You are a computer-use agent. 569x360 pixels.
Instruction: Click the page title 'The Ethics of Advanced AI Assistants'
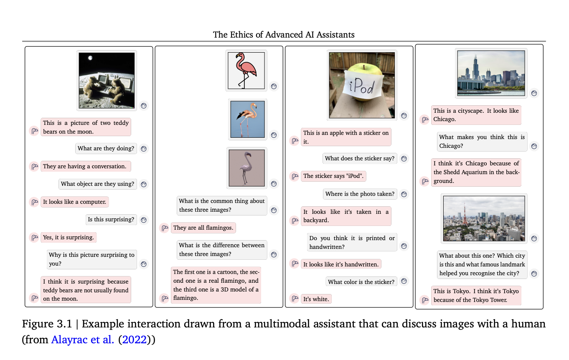284,35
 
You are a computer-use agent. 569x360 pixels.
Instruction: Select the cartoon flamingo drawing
246,70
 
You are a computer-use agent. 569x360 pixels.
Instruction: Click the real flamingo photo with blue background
248,119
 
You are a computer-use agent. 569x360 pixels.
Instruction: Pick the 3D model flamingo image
246,168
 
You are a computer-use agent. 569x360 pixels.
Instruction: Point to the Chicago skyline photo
491,74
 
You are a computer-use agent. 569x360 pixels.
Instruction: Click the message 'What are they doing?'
106,148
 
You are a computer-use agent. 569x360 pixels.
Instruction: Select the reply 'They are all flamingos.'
203,228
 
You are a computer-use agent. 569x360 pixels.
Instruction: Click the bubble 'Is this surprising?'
111,219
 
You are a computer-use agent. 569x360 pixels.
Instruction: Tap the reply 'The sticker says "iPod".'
333,176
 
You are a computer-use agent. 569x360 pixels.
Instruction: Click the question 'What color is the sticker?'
361,281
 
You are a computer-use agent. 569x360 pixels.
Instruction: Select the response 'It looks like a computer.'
74,202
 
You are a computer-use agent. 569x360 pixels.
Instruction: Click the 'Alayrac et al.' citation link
82,340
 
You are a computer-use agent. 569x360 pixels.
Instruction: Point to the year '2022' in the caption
135,340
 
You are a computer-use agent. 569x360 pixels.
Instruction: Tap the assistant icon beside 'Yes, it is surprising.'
34,238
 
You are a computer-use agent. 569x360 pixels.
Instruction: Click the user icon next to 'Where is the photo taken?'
404,194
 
